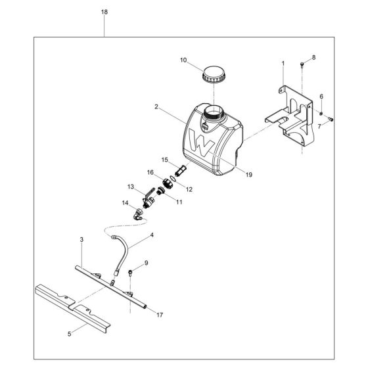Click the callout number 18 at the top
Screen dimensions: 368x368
tap(104, 12)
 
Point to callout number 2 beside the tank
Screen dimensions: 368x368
tap(156, 106)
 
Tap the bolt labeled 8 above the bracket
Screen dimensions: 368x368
tap(301, 65)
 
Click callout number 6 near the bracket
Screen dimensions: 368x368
tap(321, 97)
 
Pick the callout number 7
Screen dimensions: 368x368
tap(320, 126)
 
